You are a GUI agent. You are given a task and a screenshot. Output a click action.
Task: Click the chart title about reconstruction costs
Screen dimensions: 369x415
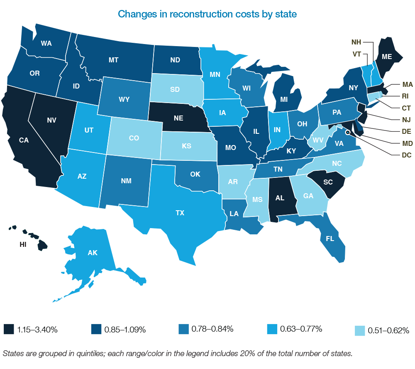pyautogui.click(x=207, y=14)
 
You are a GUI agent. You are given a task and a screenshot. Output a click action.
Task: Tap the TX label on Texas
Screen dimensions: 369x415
pyautogui.click(x=180, y=213)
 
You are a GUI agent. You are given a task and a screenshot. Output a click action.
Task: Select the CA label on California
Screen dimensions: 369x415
pyautogui.click(x=24, y=140)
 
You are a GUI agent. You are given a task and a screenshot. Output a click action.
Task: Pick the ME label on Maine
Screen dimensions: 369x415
pyautogui.click(x=387, y=58)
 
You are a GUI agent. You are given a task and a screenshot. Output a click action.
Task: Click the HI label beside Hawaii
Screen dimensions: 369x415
pyautogui.click(x=23, y=244)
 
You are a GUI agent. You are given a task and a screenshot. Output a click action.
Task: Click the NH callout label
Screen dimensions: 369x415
pyautogui.click(x=356, y=42)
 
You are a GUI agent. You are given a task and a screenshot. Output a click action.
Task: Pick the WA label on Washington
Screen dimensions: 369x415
pyautogui.click(x=46, y=43)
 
